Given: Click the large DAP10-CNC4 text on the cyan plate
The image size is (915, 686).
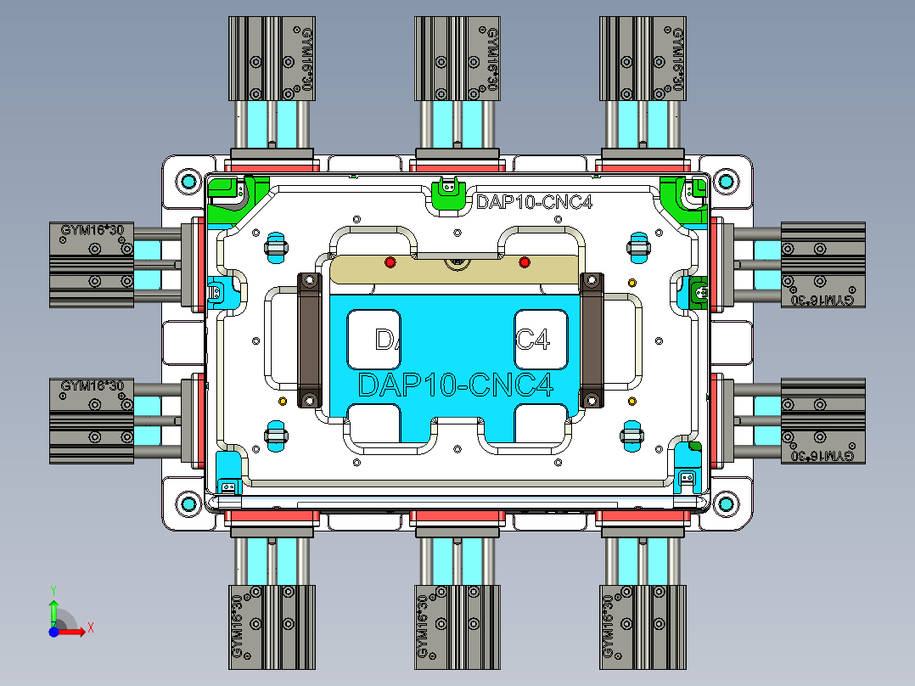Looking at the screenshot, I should pos(456,385).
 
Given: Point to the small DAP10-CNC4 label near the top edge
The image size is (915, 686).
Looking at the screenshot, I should pos(533,202).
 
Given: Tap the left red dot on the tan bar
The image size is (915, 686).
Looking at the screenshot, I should pos(390,262).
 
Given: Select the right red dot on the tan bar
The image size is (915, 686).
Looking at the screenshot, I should pos(524,262).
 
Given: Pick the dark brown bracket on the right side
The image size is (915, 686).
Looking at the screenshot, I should pos(591,340).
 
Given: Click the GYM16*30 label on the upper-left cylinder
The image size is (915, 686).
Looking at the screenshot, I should pos(92,230).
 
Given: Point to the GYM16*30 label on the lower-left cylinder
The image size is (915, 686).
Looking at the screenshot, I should pos(92,385).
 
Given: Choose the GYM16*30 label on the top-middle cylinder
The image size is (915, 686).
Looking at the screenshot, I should pos(491,58).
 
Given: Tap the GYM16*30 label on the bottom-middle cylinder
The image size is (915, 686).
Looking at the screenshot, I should pos(423,626).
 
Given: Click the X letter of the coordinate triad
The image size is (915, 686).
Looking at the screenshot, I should pos(90,628).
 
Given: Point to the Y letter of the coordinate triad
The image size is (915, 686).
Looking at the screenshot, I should pos(53,588).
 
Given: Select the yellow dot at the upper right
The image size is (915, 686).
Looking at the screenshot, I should pos(631,282).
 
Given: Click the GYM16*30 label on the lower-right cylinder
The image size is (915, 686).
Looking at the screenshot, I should pos(821,456).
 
